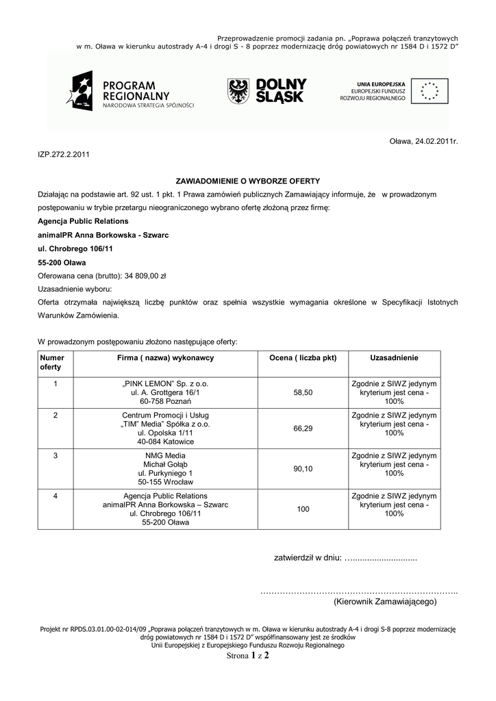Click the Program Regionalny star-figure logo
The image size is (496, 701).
pos(79,92)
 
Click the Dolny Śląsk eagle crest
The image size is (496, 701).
pos(238,90)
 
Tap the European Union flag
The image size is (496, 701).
pos(431,90)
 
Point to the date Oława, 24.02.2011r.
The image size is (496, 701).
pos(423,141)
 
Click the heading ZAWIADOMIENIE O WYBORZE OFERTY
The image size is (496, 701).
pos(248,181)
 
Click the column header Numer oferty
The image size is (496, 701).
pos(53,363)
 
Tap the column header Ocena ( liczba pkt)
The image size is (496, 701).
pos(303,358)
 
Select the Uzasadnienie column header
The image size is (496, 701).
pos(394,358)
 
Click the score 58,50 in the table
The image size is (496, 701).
pos(303,393)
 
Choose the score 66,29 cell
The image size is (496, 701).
pos(303,428)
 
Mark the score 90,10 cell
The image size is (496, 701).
pos(303,468)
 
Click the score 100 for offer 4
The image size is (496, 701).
pos(303,509)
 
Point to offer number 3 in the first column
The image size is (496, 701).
pos(55,455)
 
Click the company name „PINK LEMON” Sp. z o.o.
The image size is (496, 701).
pos(165,383)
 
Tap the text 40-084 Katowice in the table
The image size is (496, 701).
pos(165,442)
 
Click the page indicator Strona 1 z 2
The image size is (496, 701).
pos(247,655)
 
